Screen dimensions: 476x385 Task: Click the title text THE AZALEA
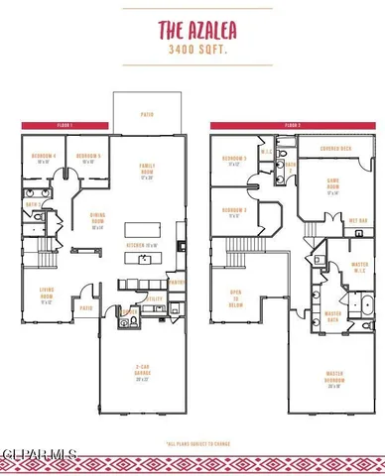pyautogui.click(x=192, y=31)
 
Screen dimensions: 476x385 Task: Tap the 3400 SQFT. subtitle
pyautogui.click(x=192, y=48)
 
